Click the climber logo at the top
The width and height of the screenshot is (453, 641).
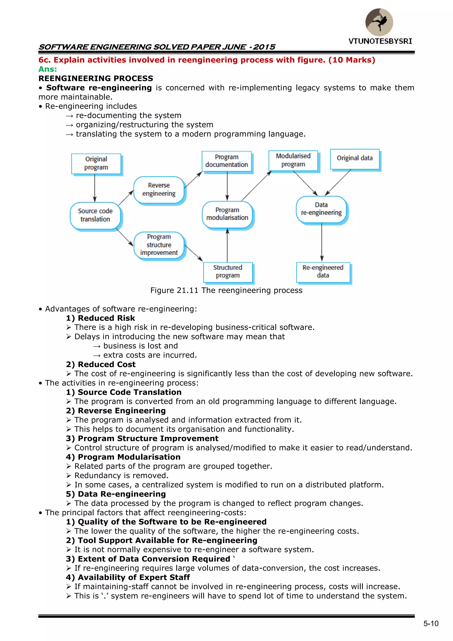379,22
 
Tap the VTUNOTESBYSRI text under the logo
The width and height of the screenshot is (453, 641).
380,41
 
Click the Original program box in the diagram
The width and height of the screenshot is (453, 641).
96,163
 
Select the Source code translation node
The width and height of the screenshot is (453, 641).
95,215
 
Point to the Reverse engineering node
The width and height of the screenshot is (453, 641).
159,190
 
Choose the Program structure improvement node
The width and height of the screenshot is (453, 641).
159,245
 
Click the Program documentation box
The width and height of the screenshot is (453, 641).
227,161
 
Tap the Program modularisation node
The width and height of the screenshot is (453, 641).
227,214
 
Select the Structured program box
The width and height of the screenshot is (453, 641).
228,272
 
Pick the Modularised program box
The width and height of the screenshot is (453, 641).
293,160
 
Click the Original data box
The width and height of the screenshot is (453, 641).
355,158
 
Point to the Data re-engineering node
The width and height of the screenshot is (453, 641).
321,209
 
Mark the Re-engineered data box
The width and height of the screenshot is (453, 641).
323,272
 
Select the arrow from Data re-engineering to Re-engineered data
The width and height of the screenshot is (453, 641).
322,242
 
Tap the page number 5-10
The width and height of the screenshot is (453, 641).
431,624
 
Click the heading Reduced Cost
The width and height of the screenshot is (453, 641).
107,365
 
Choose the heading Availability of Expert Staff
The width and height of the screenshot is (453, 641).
134,577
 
